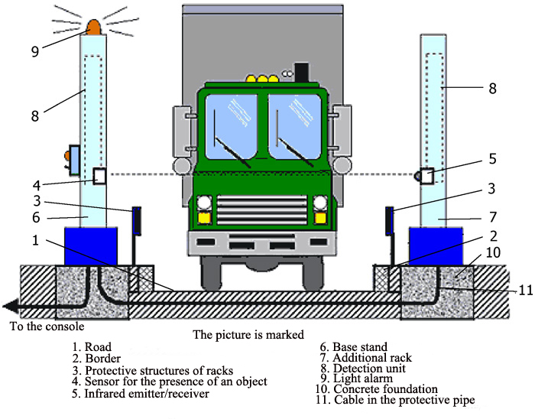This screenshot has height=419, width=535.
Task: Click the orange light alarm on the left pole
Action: [x=94, y=28]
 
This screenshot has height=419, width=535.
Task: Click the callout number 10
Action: [x=493, y=252]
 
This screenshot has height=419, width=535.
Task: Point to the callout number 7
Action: [x=492, y=216]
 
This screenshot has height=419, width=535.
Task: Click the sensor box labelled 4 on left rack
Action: [x=99, y=177]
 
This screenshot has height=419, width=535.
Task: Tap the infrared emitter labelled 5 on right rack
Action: [x=425, y=175]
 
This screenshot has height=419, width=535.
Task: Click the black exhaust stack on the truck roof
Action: [x=301, y=71]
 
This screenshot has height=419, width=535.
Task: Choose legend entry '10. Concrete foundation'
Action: [x=378, y=389]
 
